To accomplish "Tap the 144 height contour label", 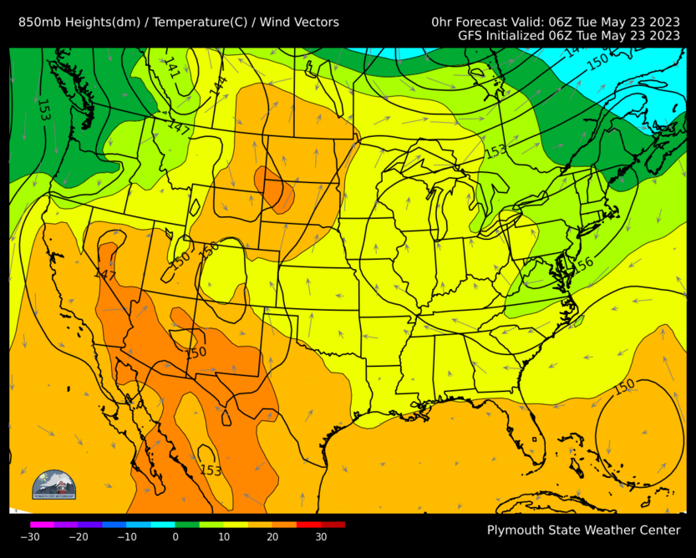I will (x=218, y=85).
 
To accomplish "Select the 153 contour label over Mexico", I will (x=211, y=470).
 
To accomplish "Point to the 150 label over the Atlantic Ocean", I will (x=624, y=387).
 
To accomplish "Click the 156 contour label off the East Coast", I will (x=582, y=264).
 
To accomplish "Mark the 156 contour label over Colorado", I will (x=209, y=247).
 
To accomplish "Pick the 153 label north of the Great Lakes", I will (x=496, y=150).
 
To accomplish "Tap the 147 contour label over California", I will (x=104, y=275).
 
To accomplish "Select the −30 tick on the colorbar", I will (x=30, y=537).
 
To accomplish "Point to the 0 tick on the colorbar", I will (x=175, y=537).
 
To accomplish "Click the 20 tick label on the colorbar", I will (x=272, y=537).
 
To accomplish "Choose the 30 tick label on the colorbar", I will (x=321, y=537).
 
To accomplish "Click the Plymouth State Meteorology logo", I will (x=53, y=484).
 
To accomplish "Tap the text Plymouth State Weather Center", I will (x=583, y=530).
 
